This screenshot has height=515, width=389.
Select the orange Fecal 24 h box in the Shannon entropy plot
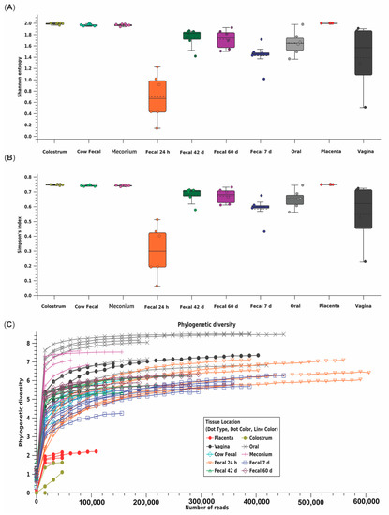point(157,96)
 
